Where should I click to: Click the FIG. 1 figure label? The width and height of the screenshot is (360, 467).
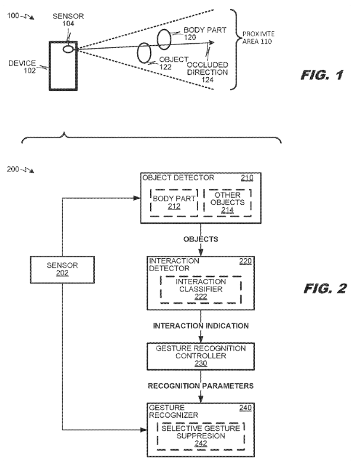[x=321, y=75]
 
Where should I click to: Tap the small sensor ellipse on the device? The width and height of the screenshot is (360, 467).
[x=68, y=49]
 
